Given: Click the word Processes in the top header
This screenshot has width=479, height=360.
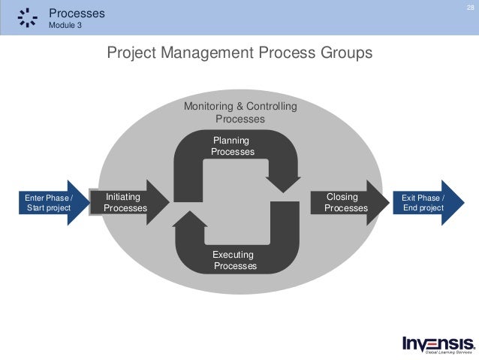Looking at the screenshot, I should pos(77,13).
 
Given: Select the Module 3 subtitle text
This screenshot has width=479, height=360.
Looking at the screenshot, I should pos(67,25).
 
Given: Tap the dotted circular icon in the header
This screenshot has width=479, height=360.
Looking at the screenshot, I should pos(27,17).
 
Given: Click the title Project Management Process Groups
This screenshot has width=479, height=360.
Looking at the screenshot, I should pos(239,54).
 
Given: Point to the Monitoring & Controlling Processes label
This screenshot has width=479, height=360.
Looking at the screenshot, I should pos(240,113).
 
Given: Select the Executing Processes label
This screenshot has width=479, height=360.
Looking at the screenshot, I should pos(234,261).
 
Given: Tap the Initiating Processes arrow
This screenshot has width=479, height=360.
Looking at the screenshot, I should pos(128,202).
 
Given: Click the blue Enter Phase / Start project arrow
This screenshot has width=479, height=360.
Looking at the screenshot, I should pos(52,202).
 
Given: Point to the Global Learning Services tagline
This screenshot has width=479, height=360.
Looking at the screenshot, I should pos(449,352).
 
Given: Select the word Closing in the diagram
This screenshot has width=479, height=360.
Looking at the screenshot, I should pos(342,197).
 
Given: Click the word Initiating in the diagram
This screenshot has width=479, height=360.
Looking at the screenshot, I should pos(123,197).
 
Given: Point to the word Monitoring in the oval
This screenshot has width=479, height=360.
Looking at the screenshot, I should pos(207,107).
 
